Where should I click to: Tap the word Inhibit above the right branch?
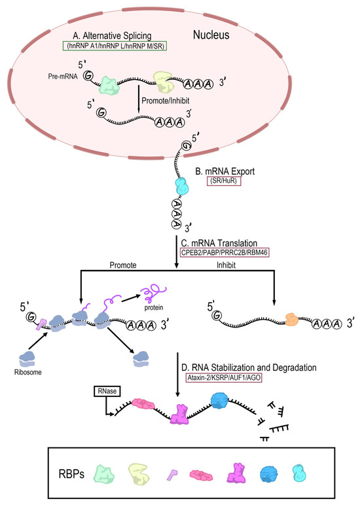(x=230, y=265)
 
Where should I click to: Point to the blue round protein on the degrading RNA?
(x=221, y=401)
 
